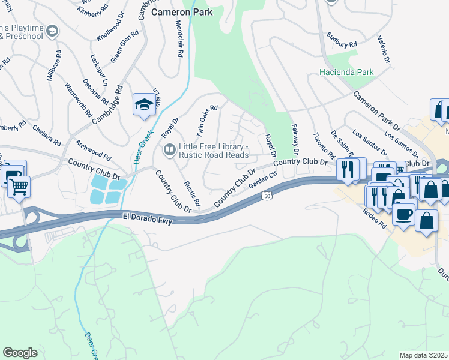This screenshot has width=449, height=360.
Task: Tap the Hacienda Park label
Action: coord(347,72)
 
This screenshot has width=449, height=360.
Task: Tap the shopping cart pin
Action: coord(19,187)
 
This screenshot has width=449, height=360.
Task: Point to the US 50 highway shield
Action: coord(266,196)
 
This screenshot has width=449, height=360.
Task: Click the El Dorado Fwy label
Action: coord(148,219)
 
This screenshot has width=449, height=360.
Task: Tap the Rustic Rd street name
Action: coord(191,194)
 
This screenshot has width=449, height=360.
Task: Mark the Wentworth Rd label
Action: coord(79,101)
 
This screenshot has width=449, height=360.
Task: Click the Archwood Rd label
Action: coord(93,150)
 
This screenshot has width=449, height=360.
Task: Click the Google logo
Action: coord(20,352)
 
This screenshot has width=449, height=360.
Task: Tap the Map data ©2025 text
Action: coord(423,355)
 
